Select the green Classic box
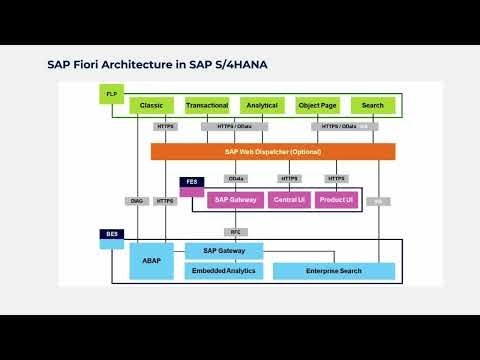(x=152, y=105)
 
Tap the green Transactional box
(x=207, y=105)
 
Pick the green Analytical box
(x=262, y=105)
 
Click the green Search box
(x=372, y=105)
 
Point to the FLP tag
(x=112, y=93)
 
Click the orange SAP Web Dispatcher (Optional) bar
(x=272, y=151)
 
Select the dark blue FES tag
(x=193, y=182)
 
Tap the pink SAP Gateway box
(x=236, y=200)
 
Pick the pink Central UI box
(x=288, y=200)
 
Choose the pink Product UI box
(x=335, y=200)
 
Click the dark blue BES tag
(x=112, y=234)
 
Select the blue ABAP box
(x=152, y=260)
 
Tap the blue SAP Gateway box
(x=224, y=251)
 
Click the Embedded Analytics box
(x=224, y=271)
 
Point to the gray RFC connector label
(x=236, y=232)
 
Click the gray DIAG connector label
(x=138, y=201)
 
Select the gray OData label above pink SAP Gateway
(x=236, y=178)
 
